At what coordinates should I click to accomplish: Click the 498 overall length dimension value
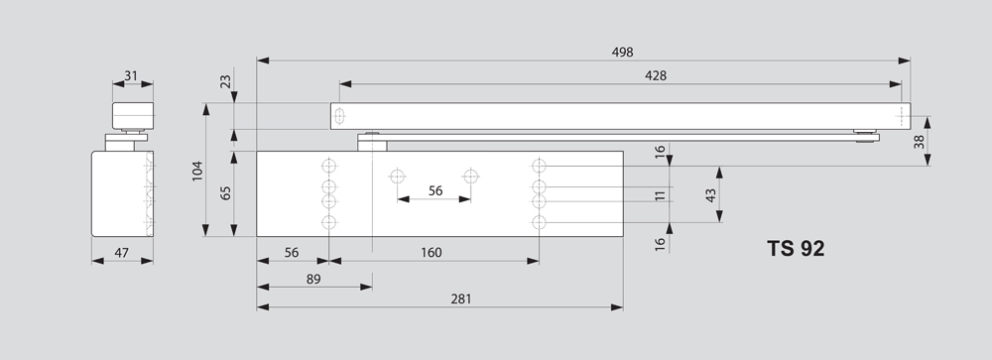click(x=622, y=52)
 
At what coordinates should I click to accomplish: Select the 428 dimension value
click(x=656, y=75)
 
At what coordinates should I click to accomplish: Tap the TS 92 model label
click(x=796, y=248)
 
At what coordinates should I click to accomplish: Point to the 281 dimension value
click(x=461, y=299)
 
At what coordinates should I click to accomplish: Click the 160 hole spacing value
click(x=431, y=253)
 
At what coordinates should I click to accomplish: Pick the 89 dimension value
click(x=313, y=279)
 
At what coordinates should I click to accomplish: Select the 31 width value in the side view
click(x=130, y=76)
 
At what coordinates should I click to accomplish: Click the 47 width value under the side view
click(x=121, y=253)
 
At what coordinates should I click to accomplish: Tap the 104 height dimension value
click(x=197, y=171)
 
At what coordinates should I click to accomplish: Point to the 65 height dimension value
click(x=225, y=192)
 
